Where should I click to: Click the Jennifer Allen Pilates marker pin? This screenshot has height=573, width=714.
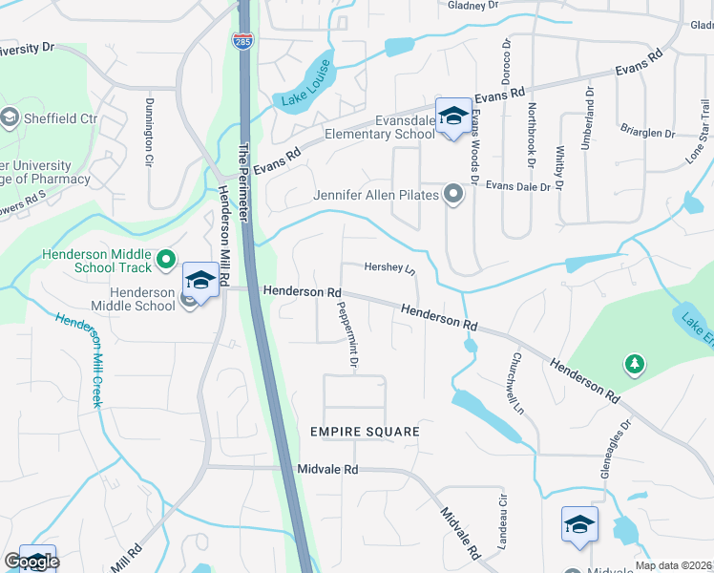(x=453, y=196)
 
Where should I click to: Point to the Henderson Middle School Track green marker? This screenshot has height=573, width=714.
(x=166, y=259)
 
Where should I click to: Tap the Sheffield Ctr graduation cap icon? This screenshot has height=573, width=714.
(x=10, y=118)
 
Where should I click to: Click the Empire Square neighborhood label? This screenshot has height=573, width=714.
(x=365, y=432)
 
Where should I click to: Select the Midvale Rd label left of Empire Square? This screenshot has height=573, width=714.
(x=326, y=469)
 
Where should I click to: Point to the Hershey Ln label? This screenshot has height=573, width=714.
(x=391, y=269)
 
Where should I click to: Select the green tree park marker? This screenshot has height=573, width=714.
(x=633, y=364)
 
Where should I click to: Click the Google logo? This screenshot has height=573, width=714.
(x=31, y=562)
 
